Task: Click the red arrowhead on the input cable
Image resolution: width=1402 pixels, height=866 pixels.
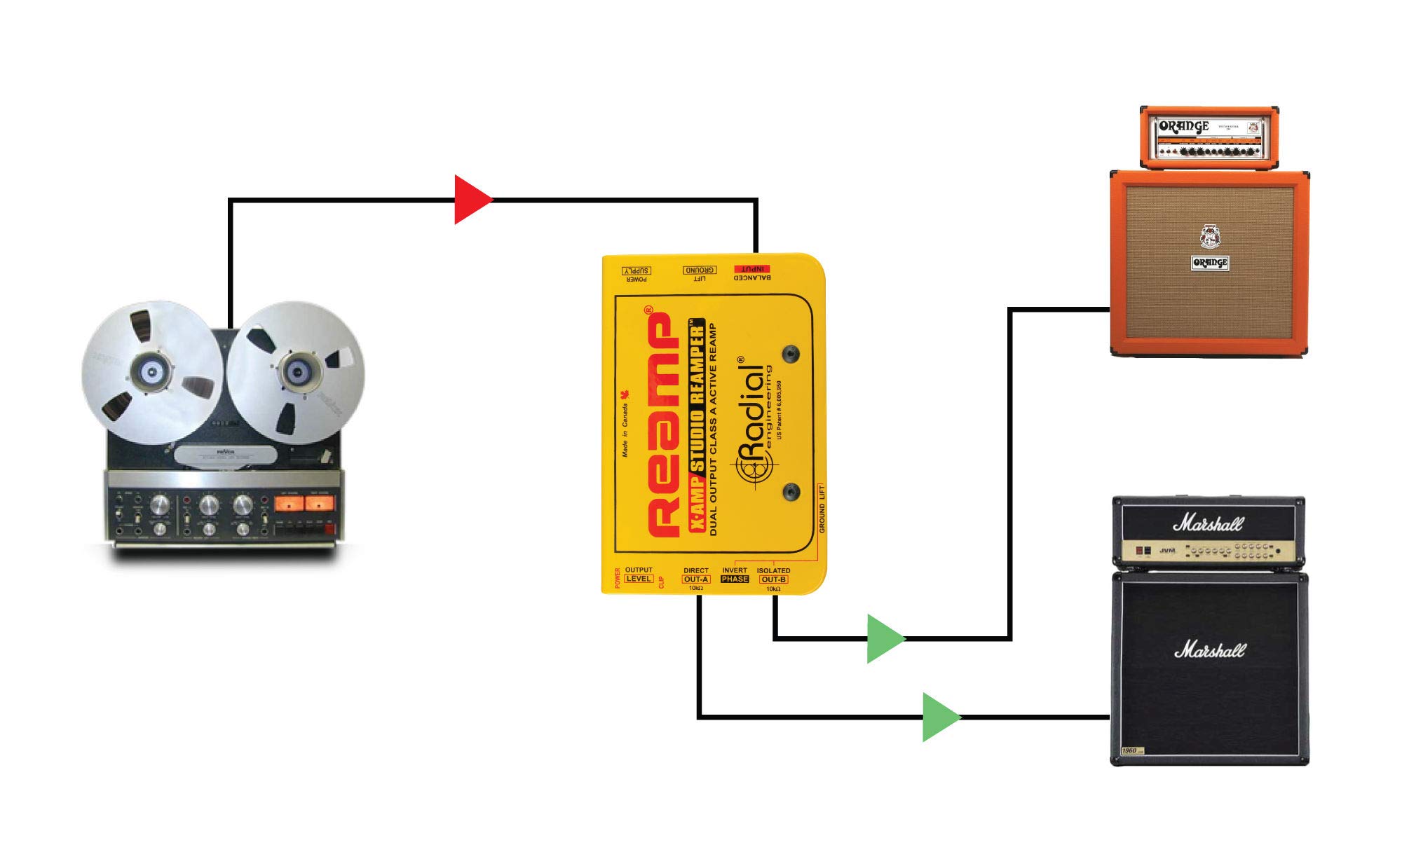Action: [x=471, y=200]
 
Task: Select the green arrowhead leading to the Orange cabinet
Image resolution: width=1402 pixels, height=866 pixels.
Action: [x=883, y=638]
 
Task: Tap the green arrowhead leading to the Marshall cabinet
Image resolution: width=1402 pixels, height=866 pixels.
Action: [x=939, y=717]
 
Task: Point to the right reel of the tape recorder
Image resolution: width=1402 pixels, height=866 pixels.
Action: [x=297, y=372]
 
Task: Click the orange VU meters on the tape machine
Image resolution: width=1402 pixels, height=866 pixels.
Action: [x=304, y=503]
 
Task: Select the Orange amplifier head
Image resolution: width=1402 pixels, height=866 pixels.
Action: [x=1209, y=137]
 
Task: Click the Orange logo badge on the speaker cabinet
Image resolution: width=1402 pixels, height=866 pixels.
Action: [x=1210, y=263]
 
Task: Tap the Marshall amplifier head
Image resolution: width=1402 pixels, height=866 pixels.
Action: [x=1209, y=532]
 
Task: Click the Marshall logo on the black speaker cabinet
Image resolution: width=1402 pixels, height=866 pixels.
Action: [x=1209, y=650]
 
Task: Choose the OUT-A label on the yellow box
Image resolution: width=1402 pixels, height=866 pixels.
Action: [x=696, y=579]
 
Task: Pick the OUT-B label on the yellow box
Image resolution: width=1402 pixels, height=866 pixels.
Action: [x=773, y=579]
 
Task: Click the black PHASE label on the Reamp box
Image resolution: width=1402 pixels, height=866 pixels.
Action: [x=735, y=579]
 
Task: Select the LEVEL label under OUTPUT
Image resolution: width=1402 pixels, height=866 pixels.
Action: [x=638, y=579]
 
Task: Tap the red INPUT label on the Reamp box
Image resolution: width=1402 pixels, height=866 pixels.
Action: [x=752, y=269]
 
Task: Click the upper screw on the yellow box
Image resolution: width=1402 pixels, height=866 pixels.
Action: [x=791, y=354]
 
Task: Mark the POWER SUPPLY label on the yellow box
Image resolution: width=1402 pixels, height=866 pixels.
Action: [x=637, y=271]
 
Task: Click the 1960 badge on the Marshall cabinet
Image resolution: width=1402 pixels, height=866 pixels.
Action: [x=1129, y=750]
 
